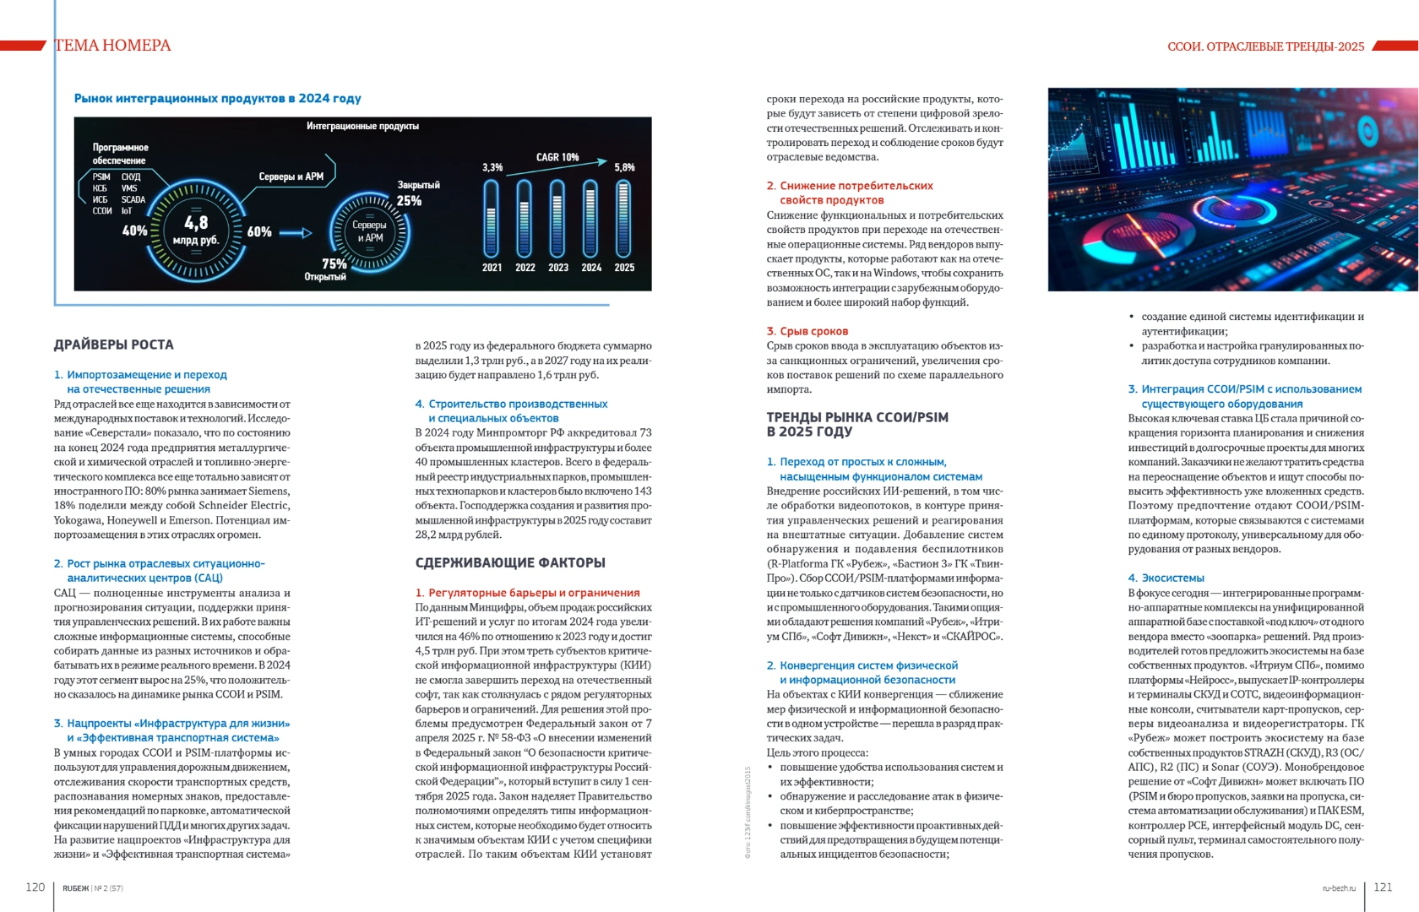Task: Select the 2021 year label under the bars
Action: [x=492, y=268]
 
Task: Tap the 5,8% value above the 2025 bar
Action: [x=624, y=167]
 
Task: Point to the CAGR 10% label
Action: [x=557, y=157]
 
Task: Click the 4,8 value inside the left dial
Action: [x=196, y=222]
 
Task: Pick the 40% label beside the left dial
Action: [x=134, y=231]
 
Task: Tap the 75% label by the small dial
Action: [x=334, y=263]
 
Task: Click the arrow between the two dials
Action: [x=296, y=232]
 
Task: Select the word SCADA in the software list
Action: [x=133, y=200]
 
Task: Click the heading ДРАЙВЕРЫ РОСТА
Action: [x=114, y=345]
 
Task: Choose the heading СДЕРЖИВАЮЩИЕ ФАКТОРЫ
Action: [x=510, y=562]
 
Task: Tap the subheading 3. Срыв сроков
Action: [x=807, y=331]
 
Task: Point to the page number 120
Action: [x=35, y=887]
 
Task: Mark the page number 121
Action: [x=1383, y=887]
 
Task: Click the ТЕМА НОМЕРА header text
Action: [x=112, y=46]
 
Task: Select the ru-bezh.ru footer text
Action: [x=1339, y=888]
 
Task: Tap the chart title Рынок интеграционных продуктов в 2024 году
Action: [x=217, y=99]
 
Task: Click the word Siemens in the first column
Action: [x=269, y=491]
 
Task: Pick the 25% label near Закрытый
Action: [x=409, y=201]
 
